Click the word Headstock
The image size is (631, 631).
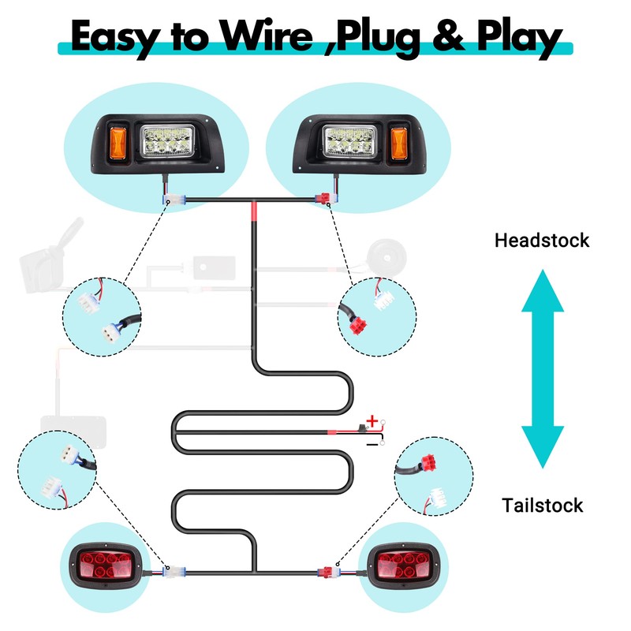click(541, 240)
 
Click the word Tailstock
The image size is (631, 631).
click(542, 505)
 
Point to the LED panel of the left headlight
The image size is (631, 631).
click(167, 141)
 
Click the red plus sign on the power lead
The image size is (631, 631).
click(372, 422)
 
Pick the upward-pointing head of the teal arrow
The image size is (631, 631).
click(543, 292)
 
